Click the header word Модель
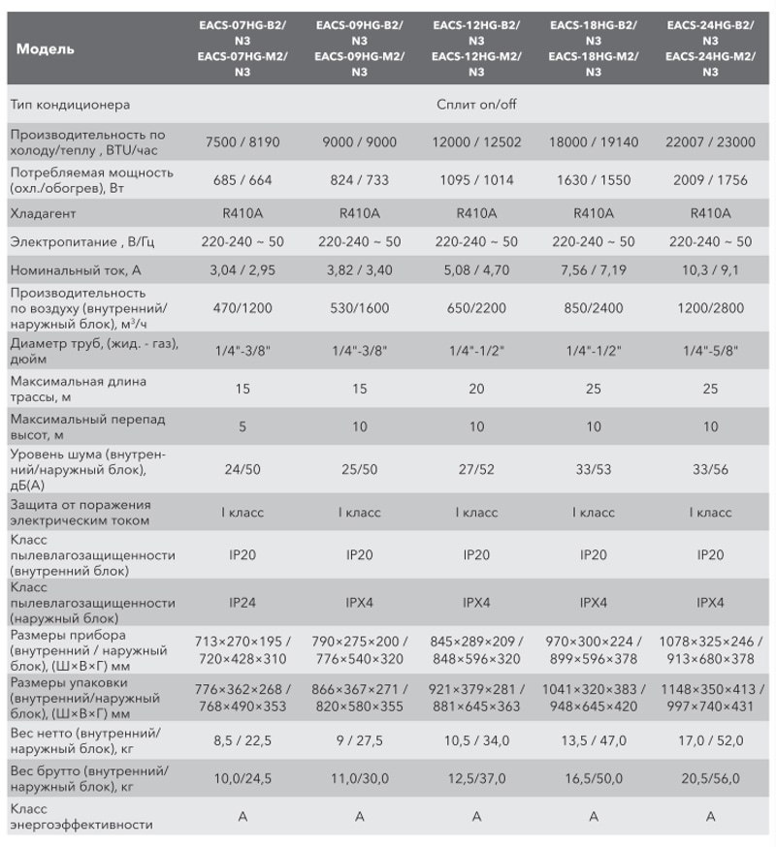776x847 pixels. click(x=45, y=49)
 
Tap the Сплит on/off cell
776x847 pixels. click(x=476, y=105)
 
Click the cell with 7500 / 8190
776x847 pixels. click(x=242, y=142)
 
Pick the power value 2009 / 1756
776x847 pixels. click(x=710, y=180)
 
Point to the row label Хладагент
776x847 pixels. click(x=43, y=213)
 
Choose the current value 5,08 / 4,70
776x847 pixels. click(x=476, y=270)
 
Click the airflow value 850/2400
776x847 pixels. click(x=594, y=308)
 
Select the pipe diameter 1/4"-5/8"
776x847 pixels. click(x=710, y=351)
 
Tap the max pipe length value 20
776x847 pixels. click(x=476, y=389)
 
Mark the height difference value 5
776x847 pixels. click(x=242, y=426)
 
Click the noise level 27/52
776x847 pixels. click(x=476, y=469)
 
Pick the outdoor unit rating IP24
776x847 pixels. click(x=242, y=602)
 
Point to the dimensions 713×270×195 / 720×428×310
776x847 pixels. click(x=242, y=650)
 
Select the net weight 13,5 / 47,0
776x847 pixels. click(x=594, y=740)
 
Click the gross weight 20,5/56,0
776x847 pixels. click(x=710, y=778)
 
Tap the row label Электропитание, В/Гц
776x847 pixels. click(x=82, y=242)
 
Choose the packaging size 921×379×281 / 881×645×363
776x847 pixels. click(x=476, y=698)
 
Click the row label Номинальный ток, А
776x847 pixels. click(x=75, y=270)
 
